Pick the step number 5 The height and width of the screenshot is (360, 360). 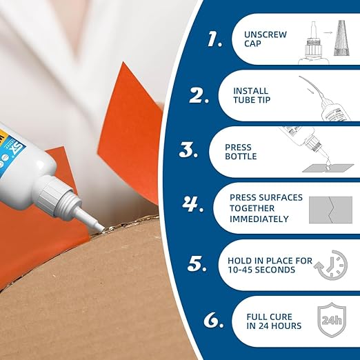(198, 263)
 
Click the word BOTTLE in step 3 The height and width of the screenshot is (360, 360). (241, 157)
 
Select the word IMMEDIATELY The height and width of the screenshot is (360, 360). (259, 219)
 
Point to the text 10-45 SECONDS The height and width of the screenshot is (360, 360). (261, 269)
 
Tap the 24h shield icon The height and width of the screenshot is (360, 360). (332, 320)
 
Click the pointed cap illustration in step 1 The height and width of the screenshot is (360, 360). (339, 39)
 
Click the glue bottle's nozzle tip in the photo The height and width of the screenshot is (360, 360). (101, 226)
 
